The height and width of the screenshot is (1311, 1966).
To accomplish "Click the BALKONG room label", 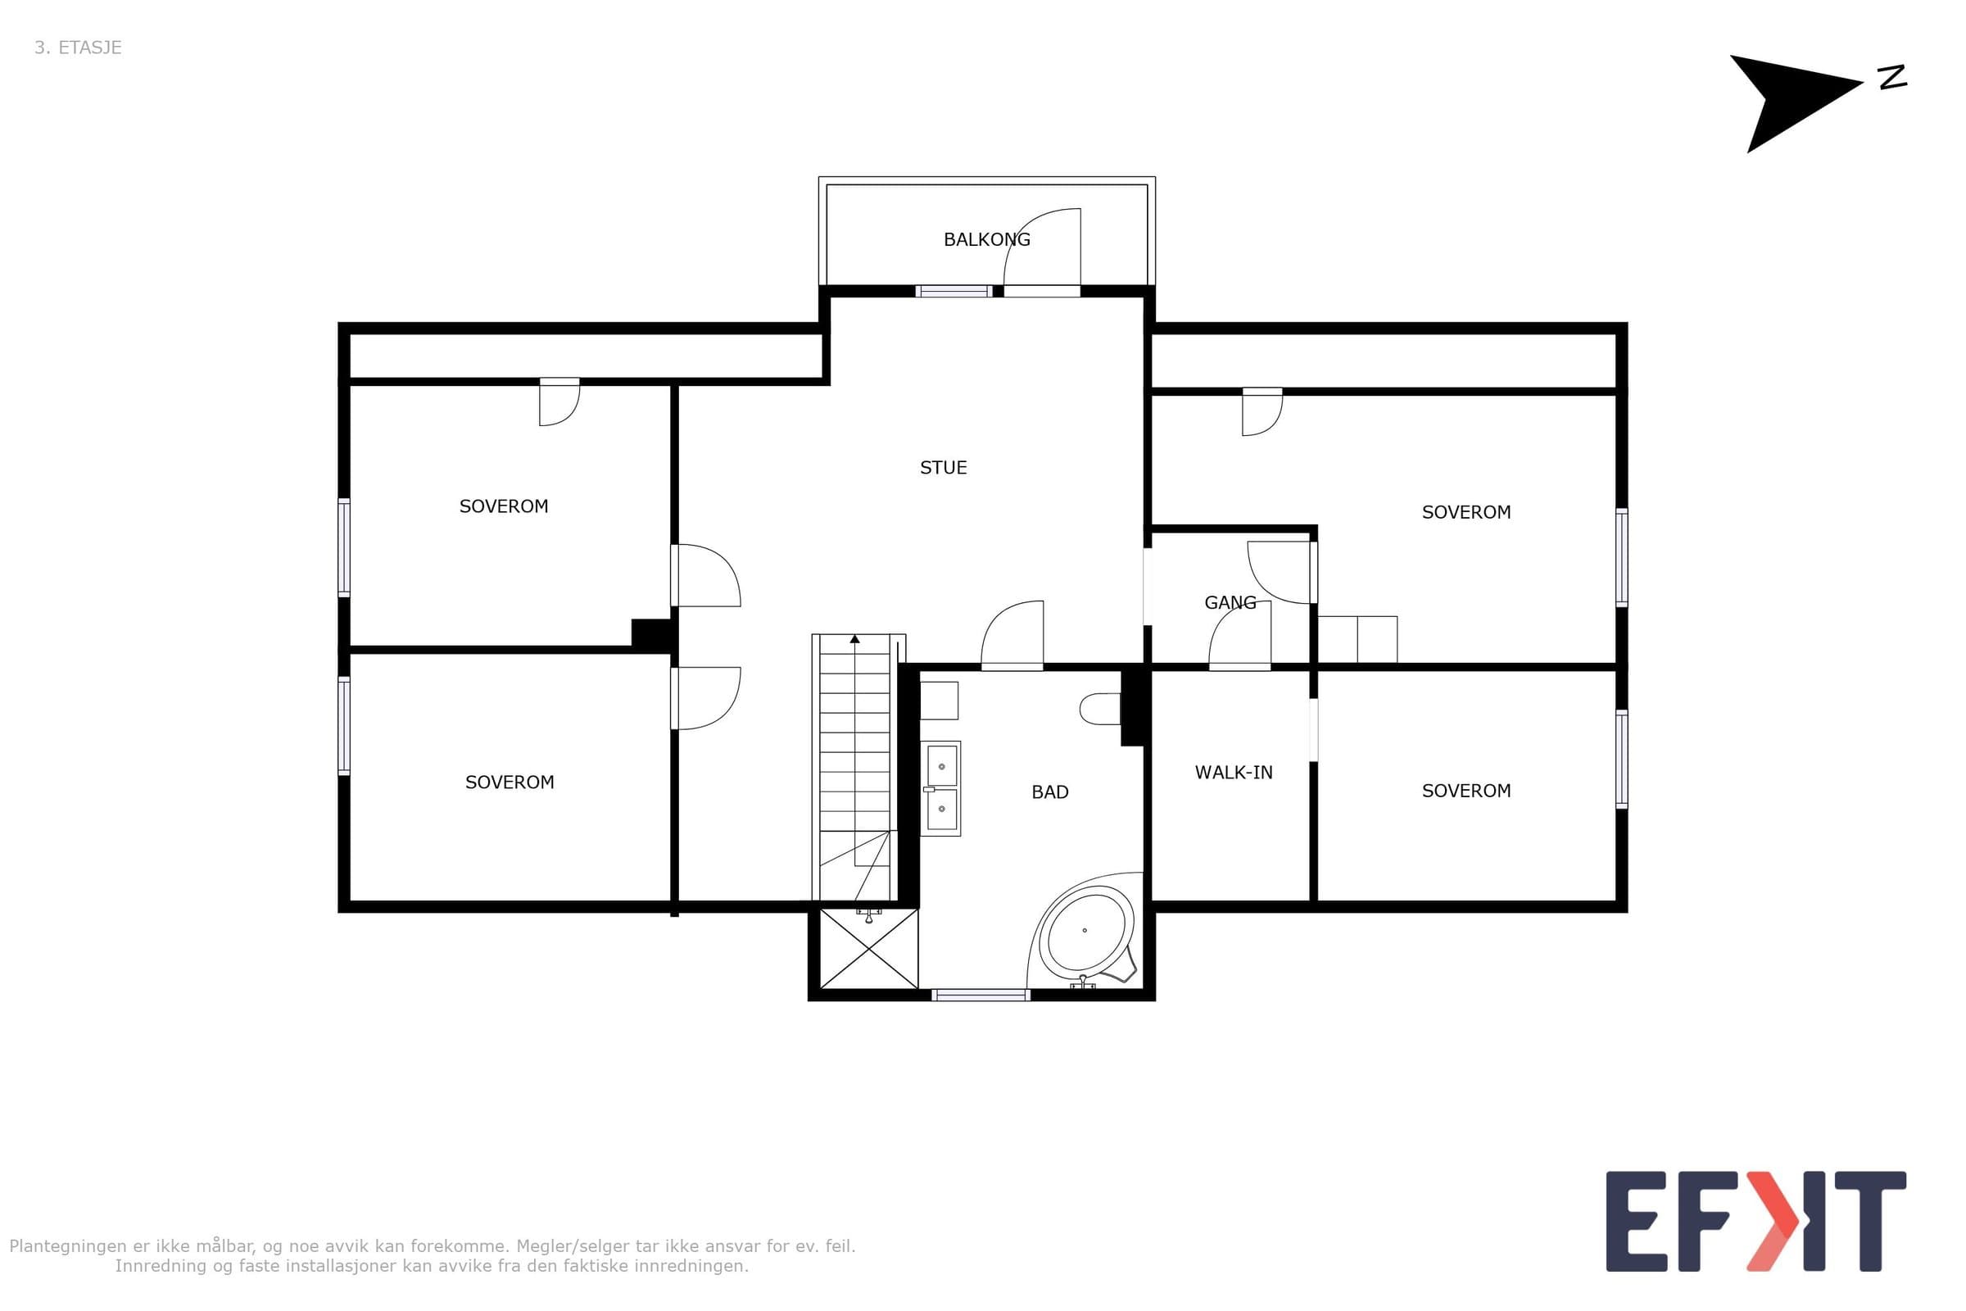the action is click(x=986, y=239).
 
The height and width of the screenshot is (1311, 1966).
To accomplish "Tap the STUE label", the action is click(x=943, y=467).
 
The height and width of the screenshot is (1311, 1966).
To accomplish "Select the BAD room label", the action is click(x=1050, y=792).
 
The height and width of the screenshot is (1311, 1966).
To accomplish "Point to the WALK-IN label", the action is click(x=1233, y=773).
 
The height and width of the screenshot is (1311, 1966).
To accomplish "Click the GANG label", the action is click(x=1230, y=602).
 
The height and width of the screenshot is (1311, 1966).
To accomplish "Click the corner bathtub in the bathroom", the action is click(x=1084, y=931).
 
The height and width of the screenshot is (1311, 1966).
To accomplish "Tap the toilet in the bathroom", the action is click(x=1099, y=709).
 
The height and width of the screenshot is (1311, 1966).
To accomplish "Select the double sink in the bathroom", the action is click(x=941, y=788).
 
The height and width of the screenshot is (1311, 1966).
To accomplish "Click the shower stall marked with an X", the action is click(x=869, y=948).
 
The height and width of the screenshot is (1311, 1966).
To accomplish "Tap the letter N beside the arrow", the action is click(x=1892, y=77).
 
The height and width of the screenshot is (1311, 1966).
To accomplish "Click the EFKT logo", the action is click(x=1756, y=1222).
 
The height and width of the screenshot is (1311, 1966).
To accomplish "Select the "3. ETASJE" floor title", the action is click(x=78, y=48).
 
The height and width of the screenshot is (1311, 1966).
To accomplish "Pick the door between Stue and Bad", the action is click(x=1012, y=636).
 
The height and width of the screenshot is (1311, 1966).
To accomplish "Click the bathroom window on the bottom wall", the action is click(x=981, y=995).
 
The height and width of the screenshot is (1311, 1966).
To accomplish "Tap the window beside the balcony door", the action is click(x=954, y=291).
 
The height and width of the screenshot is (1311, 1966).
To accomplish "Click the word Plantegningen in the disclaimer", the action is click(x=70, y=1246).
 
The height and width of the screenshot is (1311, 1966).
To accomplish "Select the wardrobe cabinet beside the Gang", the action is click(x=1357, y=640).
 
